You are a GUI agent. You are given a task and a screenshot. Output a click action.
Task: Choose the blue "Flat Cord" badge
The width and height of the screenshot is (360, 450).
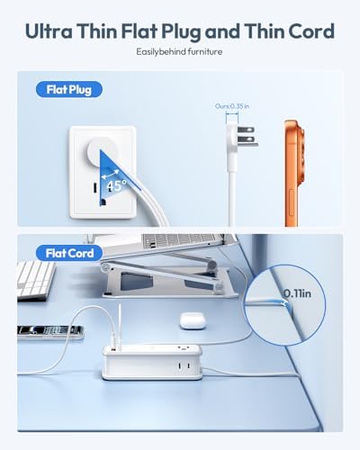coord(64,253)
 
